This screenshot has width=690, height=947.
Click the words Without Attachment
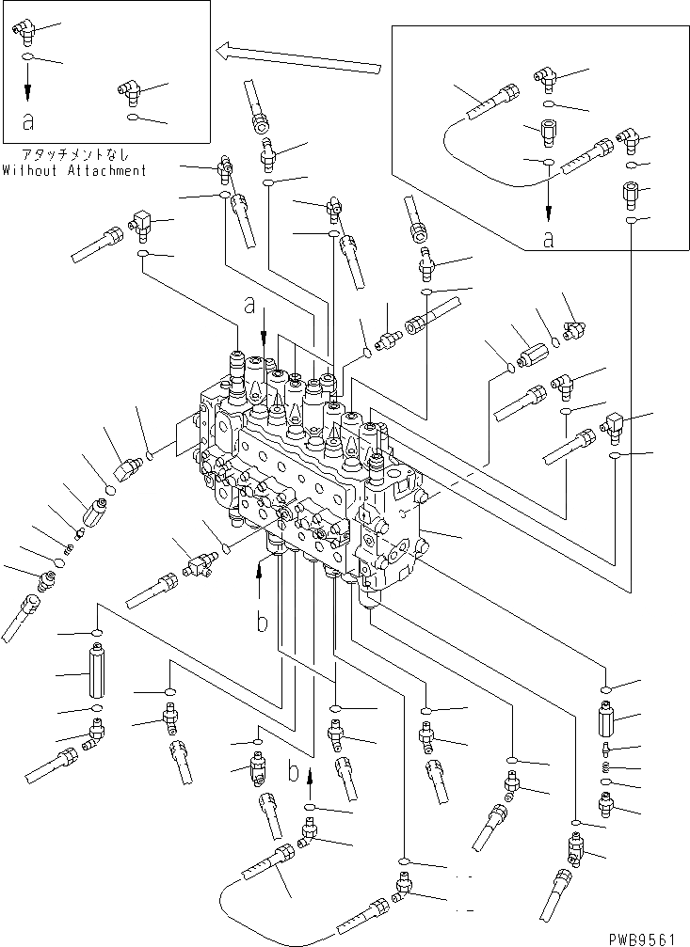(74, 170)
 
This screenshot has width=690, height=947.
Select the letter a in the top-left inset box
(29, 120)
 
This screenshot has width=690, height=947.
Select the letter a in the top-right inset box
(548, 240)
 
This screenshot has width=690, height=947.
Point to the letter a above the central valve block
(249, 305)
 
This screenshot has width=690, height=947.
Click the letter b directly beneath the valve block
(263, 622)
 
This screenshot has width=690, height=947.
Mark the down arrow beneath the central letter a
(265, 331)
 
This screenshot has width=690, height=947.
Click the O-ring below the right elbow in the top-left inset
(134, 118)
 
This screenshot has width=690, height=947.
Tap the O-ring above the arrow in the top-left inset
(29, 59)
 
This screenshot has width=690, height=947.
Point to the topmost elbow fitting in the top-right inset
(547, 76)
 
